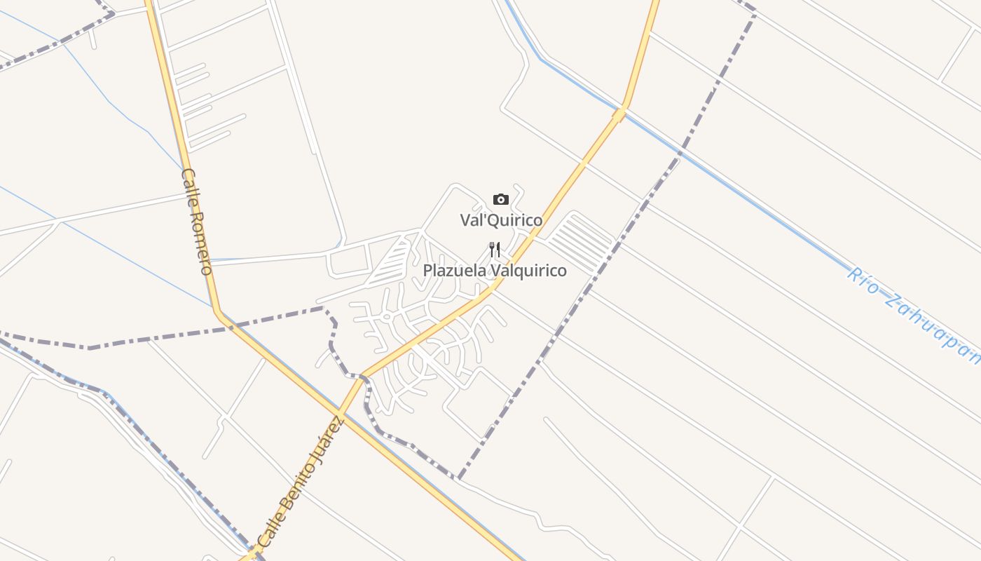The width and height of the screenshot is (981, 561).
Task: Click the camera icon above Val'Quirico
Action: (500, 200)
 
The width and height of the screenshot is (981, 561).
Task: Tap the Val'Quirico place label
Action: (501, 220)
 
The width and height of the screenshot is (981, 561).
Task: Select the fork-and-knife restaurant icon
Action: (495, 250)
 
